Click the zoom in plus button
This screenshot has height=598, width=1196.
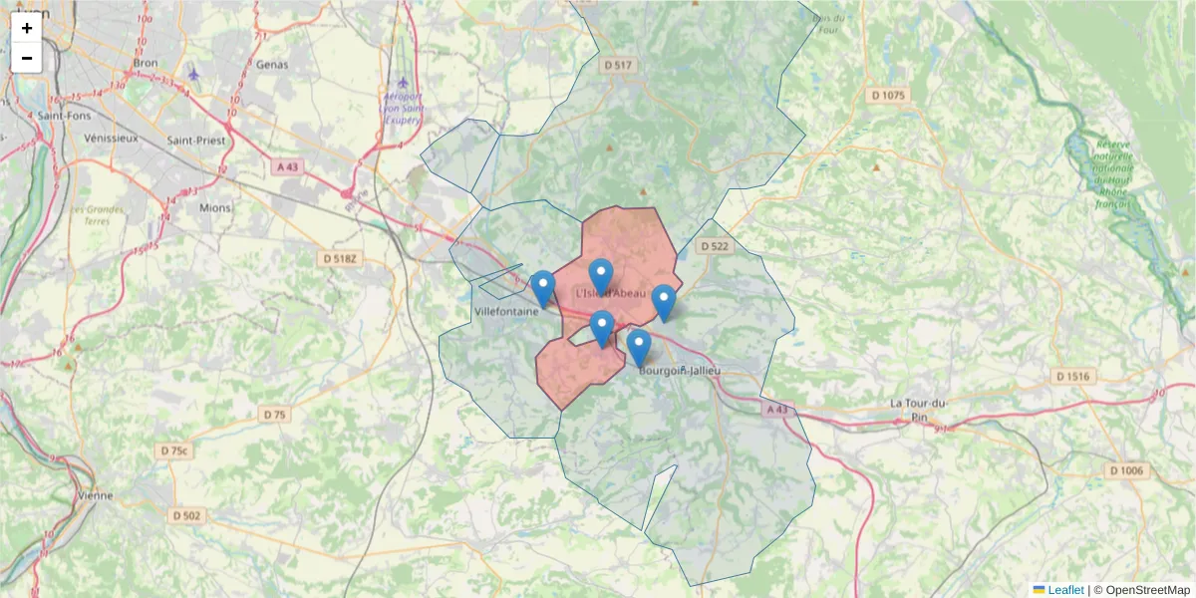27,28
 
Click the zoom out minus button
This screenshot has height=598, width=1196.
27,58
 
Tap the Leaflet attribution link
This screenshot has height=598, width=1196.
1064,590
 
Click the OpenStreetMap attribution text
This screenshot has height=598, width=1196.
1148,590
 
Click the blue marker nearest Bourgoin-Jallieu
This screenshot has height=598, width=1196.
639,348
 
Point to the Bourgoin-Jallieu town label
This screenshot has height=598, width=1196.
679,371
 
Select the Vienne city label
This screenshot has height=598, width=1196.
96,495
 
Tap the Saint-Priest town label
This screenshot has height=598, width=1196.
196,141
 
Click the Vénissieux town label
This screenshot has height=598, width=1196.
112,139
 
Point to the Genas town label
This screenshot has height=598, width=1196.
271,65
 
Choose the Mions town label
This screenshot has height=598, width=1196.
215,208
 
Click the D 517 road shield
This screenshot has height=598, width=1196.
618,65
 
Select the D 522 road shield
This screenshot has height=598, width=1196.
715,246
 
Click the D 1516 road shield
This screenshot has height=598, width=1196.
1072,377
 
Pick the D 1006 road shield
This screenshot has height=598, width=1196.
1127,470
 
